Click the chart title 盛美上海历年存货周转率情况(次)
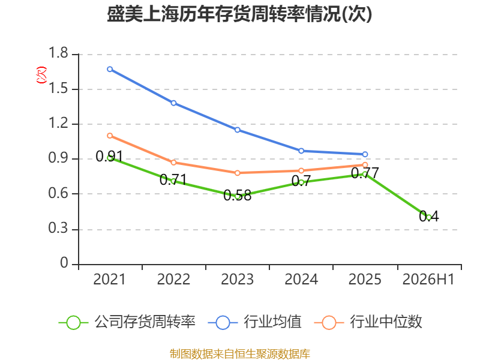coord(239,14)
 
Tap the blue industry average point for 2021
coord(110,69)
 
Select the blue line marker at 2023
coord(237,130)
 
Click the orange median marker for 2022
coord(173,162)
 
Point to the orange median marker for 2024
coord(301,170)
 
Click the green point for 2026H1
coord(429,217)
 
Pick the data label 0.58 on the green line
coord(237,196)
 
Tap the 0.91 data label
coord(109,157)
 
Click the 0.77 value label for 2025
coord(365,173)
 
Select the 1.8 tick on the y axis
coord(58,53)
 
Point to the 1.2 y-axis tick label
coord(58,123)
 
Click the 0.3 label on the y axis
coord(58,228)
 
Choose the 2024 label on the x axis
coord(301,279)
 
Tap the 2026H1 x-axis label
coord(428,279)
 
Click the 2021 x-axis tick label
coord(109,279)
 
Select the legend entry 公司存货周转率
coord(127,322)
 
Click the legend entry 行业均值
coord(254,322)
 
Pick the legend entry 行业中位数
coord(368,322)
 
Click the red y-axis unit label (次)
coord(41,75)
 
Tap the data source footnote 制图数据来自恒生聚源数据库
coord(240,354)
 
